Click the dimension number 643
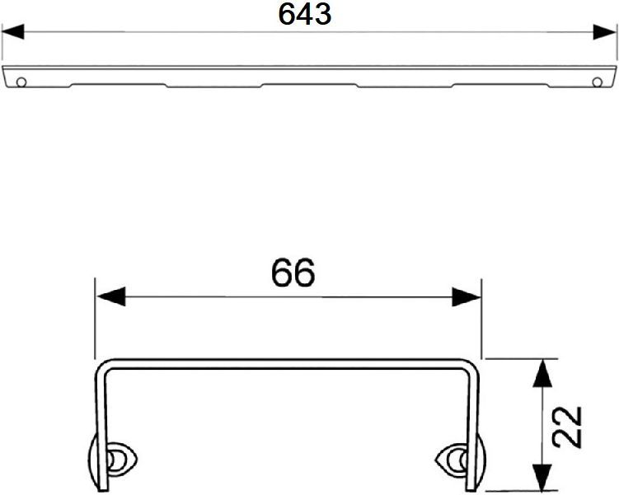point(305,15)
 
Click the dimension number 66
point(293,273)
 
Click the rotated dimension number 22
point(567,427)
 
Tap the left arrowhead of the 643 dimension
point(12,32)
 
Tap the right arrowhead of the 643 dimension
point(605,32)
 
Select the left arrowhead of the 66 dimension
point(111,297)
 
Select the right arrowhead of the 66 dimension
point(467,297)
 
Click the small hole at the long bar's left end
point(21,82)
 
